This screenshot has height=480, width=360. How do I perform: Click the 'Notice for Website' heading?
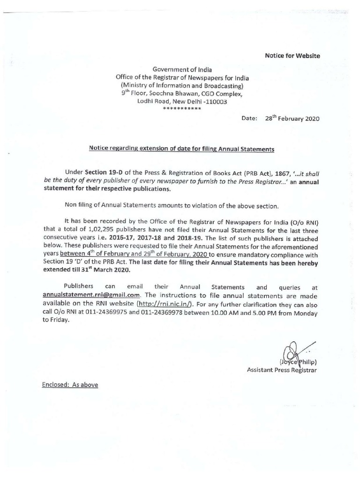pyautogui.click(x=292, y=56)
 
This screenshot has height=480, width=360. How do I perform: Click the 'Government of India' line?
pyautogui.click(x=182, y=69)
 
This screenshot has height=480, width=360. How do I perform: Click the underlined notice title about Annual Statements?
pyautogui.click(x=181, y=149)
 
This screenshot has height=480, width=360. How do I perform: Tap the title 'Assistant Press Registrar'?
pyautogui.click(x=282, y=370)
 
